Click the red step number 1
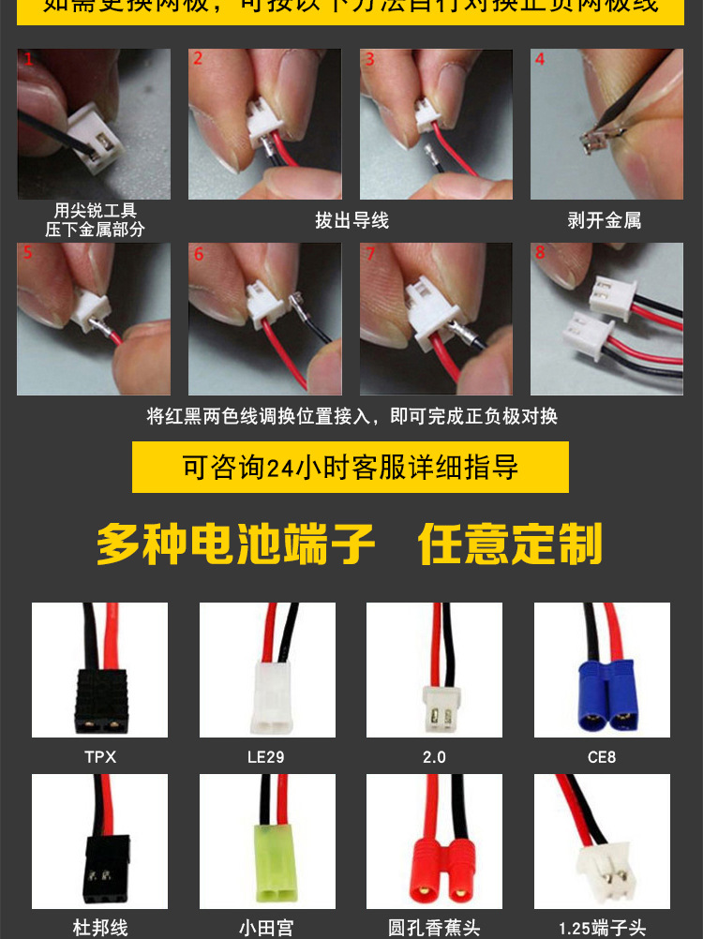click(x=28, y=59)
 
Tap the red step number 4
click(x=540, y=59)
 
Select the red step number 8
click(x=540, y=253)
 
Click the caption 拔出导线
click(x=351, y=221)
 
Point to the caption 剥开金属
click(x=605, y=221)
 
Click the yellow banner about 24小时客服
click(x=351, y=468)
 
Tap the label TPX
click(x=100, y=756)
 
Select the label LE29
click(x=267, y=756)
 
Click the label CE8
click(x=602, y=756)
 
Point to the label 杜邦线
click(x=100, y=928)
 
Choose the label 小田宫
click(x=267, y=928)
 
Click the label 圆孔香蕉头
click(x=434, y=928)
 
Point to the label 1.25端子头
click(x=602, y=928)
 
